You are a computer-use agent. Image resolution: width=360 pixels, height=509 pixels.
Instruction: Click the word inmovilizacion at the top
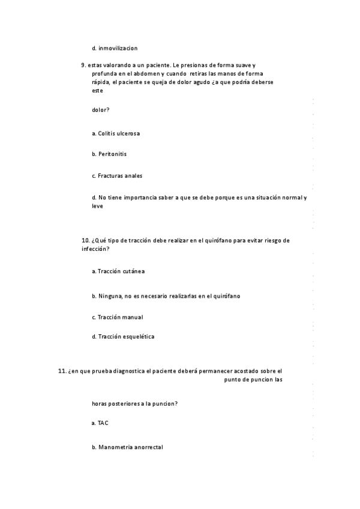pyautogui.click(x=118, y=48)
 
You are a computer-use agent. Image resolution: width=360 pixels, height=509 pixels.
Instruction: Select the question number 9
pyautogui.click(x=83, y=64)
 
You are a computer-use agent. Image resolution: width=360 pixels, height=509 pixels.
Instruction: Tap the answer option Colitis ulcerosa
pyautogui.click(x=119, y=133)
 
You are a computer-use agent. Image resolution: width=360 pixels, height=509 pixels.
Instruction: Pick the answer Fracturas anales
pyautogui.click(x=119, y=176)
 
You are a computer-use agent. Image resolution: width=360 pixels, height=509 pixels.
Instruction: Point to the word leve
pyautogui.click(x=97, y=206)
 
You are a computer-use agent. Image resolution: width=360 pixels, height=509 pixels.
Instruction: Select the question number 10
pyautogui.click(x=85, y=240)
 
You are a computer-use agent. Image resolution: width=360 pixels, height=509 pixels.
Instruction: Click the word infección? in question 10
pyautogui.click(x=95, y=248)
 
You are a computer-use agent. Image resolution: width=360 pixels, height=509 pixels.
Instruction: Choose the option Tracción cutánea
pyautogui.click(x=121, y=271)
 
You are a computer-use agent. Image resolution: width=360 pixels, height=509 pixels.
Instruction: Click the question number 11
pyautogui.click(x=62, y=371)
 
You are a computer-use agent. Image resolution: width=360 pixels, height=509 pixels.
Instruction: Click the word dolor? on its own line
pyautogui.click(x=100, y=110)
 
